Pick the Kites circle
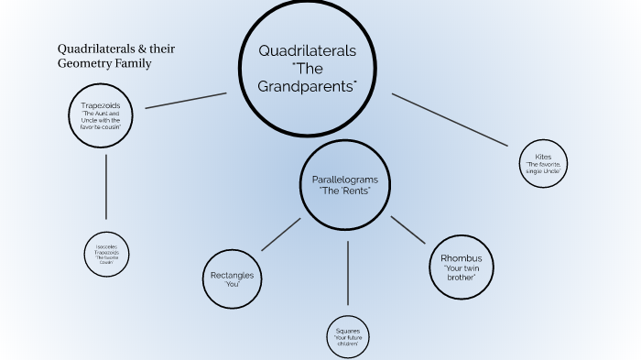pyautogui.click(x=544, y=163)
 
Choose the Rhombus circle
pyautogui.click(x=461, y=266)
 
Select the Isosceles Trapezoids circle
pyautogui.click(x=106, y=254)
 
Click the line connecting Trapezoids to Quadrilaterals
pyautogui.click(x=186, y=100)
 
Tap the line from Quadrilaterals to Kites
pyautogui.click(x=449, y=119)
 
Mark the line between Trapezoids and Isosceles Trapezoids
pyautogui.click(x=106, y=186)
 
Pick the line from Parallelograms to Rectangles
pyautogui.click(x=280, y=235)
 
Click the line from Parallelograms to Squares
pyautogui.click(x=348, y=272)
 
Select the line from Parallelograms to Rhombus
pyautogui.click(x=408, y=230)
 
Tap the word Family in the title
pyautogui.click(x=132, y=64)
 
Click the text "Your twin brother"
pyautogui.click(x=461, y=273)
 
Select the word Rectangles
pyautogui.click(x=232, y=275)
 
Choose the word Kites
pyautogui.click(x=544, y=157)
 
